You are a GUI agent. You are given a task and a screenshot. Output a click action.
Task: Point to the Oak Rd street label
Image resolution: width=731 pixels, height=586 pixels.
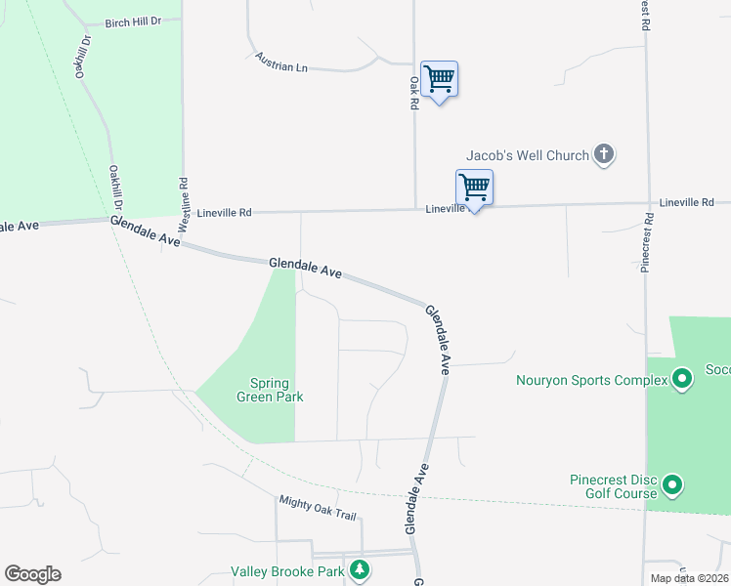coord(414,93)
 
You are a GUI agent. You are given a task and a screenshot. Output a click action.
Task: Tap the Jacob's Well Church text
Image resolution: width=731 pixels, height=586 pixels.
coord(528,155)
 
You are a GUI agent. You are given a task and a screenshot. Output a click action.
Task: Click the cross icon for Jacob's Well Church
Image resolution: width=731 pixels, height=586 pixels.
coord(604,154)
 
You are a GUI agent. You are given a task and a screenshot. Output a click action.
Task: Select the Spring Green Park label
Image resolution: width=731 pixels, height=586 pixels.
coord(270,390)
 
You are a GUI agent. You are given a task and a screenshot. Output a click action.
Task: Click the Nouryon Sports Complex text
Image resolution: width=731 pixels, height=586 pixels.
coord(591,381)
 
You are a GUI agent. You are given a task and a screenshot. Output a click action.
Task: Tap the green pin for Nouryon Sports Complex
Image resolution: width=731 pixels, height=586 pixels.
coord(683,376)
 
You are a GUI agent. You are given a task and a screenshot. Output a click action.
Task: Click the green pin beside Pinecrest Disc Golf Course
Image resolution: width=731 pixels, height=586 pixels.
coord(672,484)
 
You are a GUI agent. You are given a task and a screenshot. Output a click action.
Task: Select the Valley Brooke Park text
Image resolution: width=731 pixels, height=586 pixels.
coord(287,571)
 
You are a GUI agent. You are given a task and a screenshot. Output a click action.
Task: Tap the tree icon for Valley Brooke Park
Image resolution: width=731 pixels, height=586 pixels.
coord(361,568)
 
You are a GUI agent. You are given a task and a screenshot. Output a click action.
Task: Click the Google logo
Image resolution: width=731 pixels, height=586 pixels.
coord(32,574)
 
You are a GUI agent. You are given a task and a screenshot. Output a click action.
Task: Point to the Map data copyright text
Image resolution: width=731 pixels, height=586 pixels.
coord(690,578)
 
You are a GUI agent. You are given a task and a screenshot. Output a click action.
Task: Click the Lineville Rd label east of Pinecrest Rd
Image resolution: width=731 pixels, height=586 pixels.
coord(687,202)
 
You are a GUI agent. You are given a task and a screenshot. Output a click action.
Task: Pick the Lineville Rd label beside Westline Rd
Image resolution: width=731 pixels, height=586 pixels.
coord(224,212)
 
